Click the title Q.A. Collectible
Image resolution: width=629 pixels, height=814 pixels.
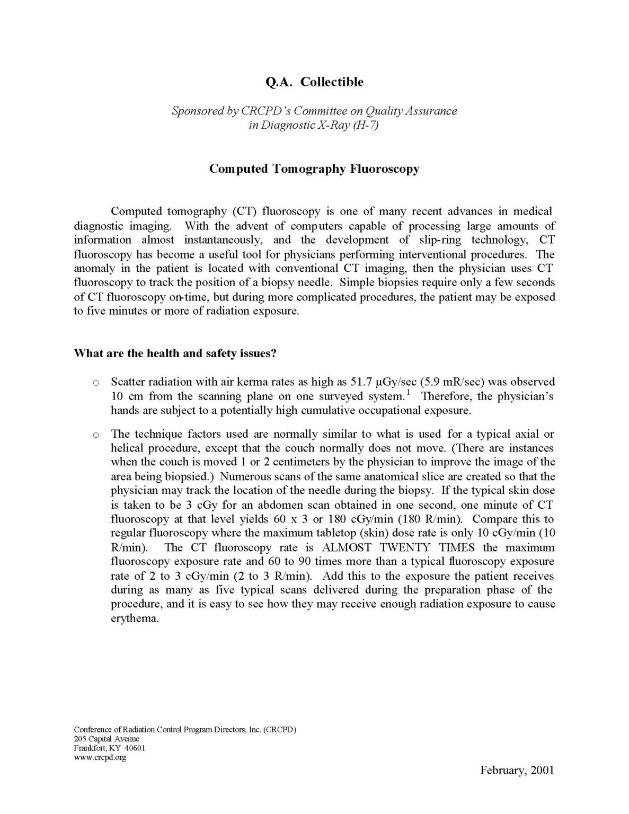[x=314, y=82]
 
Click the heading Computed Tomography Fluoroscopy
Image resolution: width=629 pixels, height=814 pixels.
[x=314, y=169]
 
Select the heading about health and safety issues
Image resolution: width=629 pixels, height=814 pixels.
[x=175, y=353]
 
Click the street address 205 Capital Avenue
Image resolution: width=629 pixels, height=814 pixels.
[x=107, y=739]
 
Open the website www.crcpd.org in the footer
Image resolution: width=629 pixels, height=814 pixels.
[x=100, y=757]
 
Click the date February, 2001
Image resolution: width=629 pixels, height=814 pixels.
[x=517, y=785]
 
